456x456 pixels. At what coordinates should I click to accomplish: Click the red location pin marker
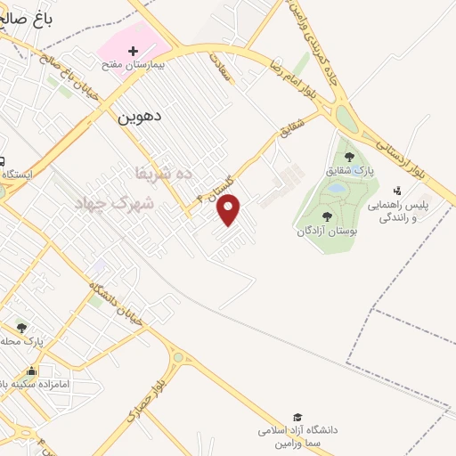[x=229, y=209]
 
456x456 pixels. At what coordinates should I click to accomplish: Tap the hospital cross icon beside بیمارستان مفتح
[x=134, y=52]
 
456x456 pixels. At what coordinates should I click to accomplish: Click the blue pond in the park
[x=336, y=189]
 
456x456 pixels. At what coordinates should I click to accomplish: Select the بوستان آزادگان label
[x=327, y=231]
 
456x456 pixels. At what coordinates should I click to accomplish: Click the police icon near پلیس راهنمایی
[x=396, y=190]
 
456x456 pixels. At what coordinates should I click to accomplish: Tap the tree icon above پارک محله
[x=21, y=328]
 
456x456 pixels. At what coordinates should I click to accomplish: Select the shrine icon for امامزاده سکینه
[x=33, y=370]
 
